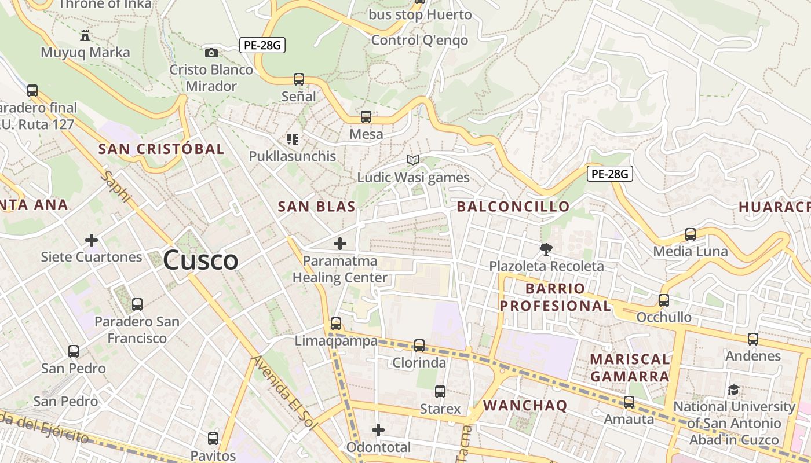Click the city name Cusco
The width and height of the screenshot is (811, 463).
point(200,260)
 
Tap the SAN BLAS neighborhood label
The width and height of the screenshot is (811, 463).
point(316,207)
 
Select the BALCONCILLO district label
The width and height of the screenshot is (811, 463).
point(513,207)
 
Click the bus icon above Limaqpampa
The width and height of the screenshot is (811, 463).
point(336,324)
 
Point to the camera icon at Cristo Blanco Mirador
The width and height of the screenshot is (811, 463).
point(211,53)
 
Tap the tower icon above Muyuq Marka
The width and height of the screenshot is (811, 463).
point(85,35)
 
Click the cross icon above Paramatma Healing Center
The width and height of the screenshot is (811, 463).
point(340,244)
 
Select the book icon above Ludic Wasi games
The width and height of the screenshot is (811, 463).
point(412,160)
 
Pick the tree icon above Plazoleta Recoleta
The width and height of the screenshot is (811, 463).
point(546,249)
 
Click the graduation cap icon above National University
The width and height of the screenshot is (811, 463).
point(733,389)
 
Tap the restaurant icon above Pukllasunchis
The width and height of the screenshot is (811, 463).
point(293,139)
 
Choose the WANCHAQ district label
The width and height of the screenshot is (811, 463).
point(525,406)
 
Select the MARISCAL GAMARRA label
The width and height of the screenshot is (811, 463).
point(630,368)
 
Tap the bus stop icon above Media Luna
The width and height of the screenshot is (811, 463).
point(690,234)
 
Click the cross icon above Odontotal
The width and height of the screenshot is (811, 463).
point(378,430)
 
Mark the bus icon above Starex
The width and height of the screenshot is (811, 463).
point(440,392)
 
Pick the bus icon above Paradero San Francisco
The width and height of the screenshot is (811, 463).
point(137,304)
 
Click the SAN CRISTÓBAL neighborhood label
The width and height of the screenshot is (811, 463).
point(161,149)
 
